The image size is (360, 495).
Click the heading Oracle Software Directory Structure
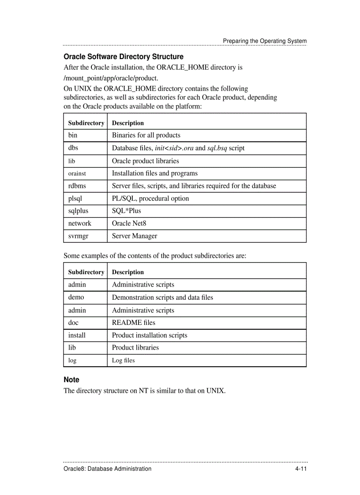click(124, 57)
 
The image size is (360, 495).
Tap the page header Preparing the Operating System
click(264, 41)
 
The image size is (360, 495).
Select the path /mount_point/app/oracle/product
click(111, 78)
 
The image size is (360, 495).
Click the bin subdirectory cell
click(73, 135)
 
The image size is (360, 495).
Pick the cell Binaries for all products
click(146, 135)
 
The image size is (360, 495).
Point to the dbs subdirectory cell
click(73, 148)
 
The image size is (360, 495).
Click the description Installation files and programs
click(154, 174)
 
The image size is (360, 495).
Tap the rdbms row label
click(77, 186)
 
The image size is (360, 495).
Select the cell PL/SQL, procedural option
click(150, 198)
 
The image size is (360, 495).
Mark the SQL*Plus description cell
click(127, 211)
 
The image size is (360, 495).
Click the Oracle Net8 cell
click(129, 223)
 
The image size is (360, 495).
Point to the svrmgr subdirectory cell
click(78, 236)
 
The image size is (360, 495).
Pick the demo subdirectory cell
click(76, 298)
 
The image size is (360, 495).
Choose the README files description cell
click(134, 323)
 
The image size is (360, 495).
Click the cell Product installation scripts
click(150, 335)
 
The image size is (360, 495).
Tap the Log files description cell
click(124, 361)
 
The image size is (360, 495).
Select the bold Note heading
click(71, 380)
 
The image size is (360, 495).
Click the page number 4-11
click(301, 469)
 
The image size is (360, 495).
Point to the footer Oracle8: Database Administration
click(108, 469)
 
